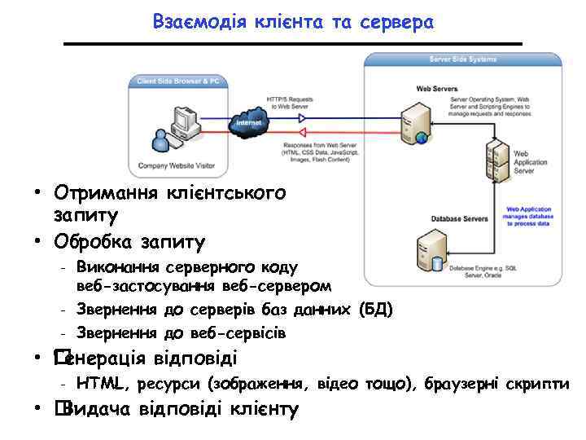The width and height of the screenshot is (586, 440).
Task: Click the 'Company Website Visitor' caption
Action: (x=177, y=165)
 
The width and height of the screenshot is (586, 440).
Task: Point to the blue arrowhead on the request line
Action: (x=302, y=116)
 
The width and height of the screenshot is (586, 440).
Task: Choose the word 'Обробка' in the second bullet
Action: (x=86, y=242)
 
